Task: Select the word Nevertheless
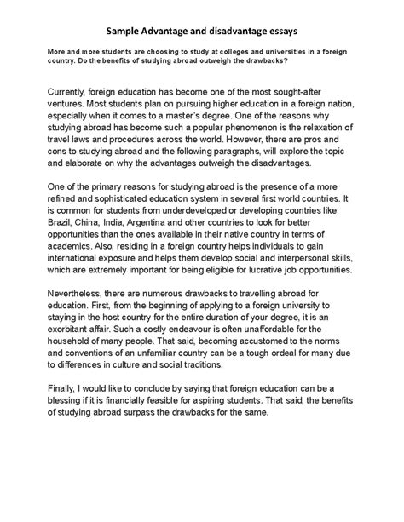point(78,296)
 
